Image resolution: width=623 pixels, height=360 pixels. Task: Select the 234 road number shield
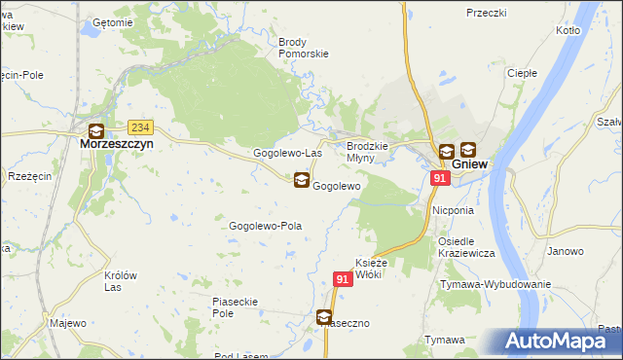coord(141,127)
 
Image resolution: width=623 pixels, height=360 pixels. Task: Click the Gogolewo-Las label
coord(287,154)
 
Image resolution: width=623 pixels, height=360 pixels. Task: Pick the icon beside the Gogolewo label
coord(302,180)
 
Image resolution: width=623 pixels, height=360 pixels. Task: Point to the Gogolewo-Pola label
coord(265,226)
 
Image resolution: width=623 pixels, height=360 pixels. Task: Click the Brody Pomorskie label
coord(304,48)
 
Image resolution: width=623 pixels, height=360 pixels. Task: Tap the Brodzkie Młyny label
coord(368,151)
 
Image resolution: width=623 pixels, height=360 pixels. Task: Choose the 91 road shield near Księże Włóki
coord(342,279)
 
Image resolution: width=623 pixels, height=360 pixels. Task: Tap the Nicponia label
coord(454,209)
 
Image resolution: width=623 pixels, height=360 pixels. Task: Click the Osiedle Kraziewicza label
coord(467,247)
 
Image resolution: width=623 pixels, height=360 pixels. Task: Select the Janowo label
coord(565,251)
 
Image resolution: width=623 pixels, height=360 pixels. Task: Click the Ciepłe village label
coord(523,73)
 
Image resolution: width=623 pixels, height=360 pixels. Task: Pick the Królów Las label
coord(120,281)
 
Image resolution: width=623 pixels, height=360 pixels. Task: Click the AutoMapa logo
coord(563,342)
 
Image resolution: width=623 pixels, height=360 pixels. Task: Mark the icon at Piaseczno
coord(323,316)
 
